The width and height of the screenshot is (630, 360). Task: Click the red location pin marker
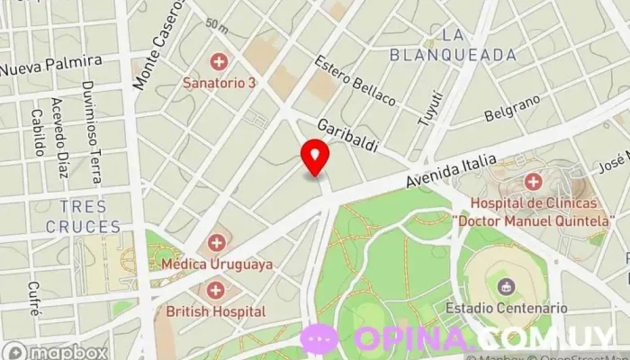[x=315, y=157]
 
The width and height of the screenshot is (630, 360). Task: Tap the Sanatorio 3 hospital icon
[x=218, y=62]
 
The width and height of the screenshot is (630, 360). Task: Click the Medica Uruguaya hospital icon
[x=216, y=243]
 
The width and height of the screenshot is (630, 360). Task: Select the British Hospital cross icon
[x=216, y=290]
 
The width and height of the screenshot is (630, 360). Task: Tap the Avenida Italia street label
[x=451, y=171]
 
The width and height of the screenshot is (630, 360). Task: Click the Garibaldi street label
[x=346, y=134]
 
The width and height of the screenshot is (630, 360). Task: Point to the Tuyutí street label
[x=431, y=107]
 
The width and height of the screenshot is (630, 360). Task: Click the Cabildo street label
[x=37, y=132]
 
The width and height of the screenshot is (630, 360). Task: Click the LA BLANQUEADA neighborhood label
[x=454, y=45]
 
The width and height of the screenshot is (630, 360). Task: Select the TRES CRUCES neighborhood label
[x=88, y=218]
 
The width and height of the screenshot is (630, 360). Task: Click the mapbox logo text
[x=56, y=352]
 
